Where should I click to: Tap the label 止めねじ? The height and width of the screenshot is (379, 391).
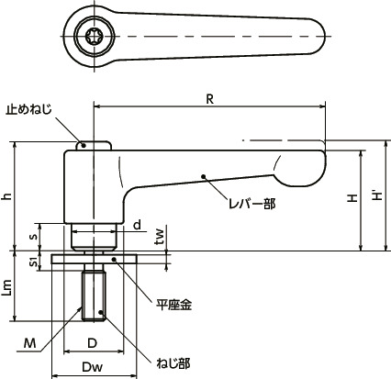point(33,108)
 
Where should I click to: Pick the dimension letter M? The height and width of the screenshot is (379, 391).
point(31,345)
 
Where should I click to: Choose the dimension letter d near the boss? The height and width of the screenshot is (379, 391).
point(136,225)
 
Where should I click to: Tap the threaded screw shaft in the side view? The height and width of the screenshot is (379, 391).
point(94,294)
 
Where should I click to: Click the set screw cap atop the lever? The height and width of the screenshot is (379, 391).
point(94,145)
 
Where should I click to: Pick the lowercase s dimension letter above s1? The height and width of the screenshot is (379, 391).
point(35,236)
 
